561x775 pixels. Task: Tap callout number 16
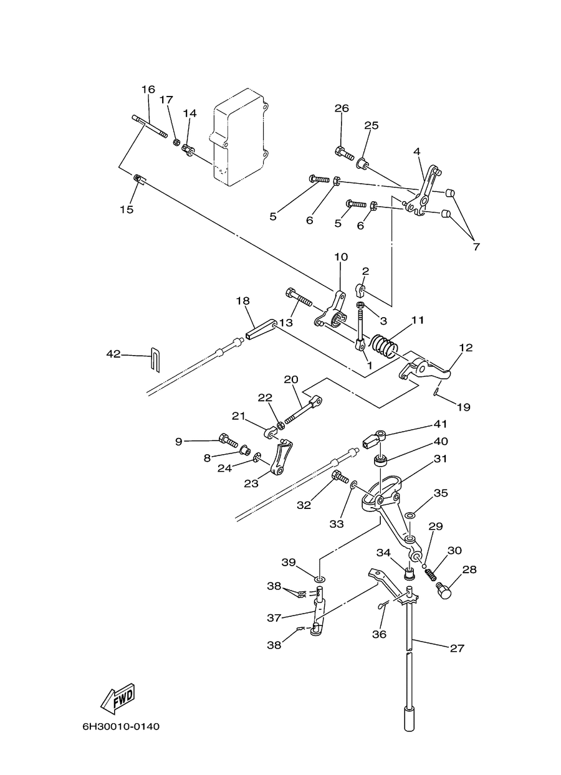(x=148, y=89)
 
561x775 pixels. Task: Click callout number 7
(x=477, y=247)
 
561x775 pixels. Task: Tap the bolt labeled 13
(x=299, y=297)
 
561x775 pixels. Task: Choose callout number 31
(x=440, y=459)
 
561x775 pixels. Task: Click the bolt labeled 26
(x=344, y=154)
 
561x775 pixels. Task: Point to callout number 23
(x=251, y=483)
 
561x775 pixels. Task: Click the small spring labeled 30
(x=431, y=574)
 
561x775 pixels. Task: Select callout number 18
(x=243, y=301)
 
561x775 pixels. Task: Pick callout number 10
(x=341, y=257)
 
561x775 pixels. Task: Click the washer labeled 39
(x=319, y=579)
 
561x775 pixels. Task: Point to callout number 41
(x=441, y=424)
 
